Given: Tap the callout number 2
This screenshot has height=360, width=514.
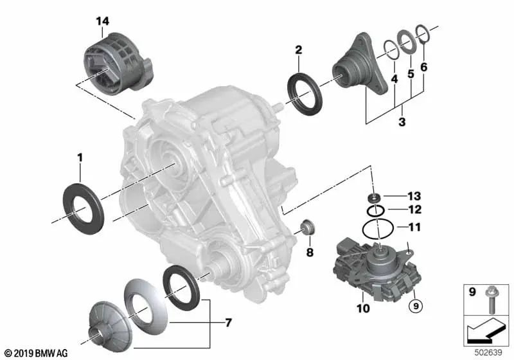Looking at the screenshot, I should coord(298,50).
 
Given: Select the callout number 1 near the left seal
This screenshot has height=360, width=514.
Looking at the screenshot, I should coord(80,156).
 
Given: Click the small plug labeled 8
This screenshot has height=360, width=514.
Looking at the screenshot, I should coord(307,228).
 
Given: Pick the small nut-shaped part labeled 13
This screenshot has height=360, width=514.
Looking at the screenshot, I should coord(373,197).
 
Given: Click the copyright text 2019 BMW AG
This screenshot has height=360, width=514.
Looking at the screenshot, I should coord(35,353).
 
